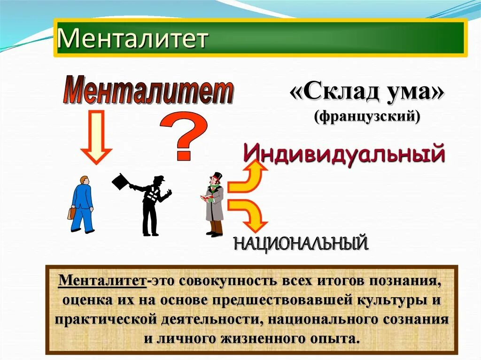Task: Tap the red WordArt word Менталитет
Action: click(x=148, y=91)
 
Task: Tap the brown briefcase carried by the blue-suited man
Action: click(x=71, y=213)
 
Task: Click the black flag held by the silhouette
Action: click(x=121, y=181)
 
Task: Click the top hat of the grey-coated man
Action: click(x=217, y=177)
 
